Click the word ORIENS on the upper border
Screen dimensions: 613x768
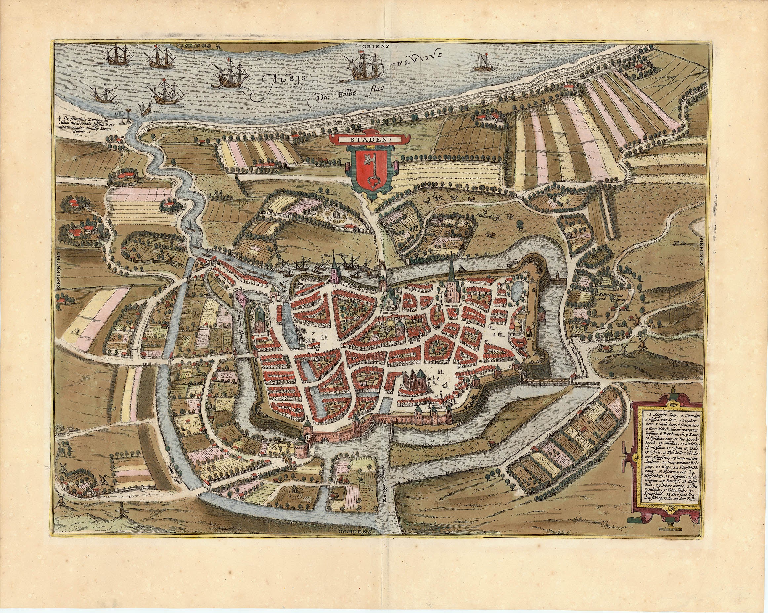pyautogui.click(x=376, y=46)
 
